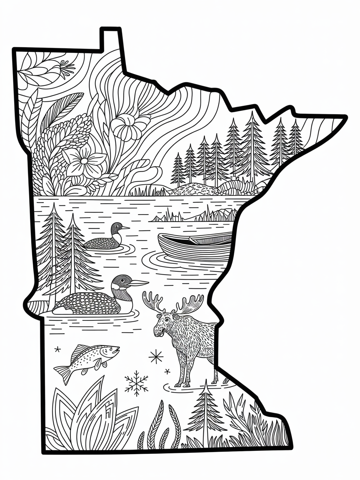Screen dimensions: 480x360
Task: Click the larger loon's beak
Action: [x=139, y=283]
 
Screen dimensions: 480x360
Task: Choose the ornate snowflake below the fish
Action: [x=136, y=383]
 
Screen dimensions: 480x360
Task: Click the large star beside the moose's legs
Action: [x=156, y=356]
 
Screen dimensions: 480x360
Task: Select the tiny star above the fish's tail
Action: [x=57, y=348]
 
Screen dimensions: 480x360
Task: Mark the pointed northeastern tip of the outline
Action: [x=344, y=117]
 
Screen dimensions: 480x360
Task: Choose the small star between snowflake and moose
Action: [x=167, y=371]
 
